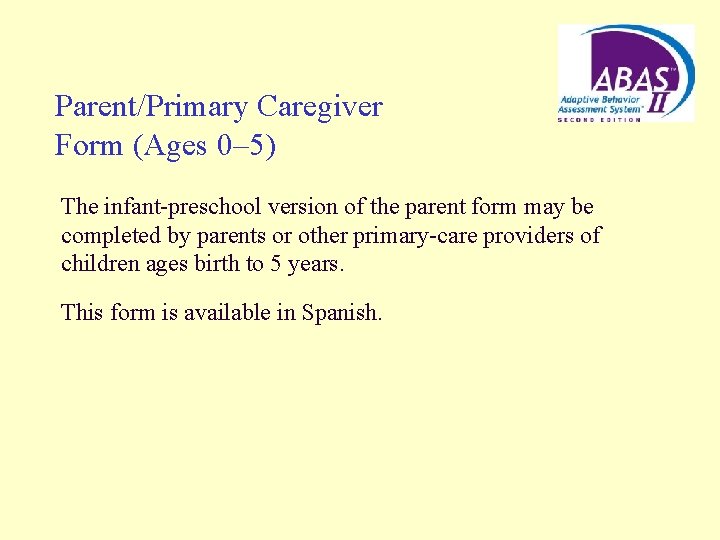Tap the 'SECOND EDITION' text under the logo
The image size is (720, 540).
click(599, 119)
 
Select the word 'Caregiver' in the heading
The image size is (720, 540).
click(320, 106)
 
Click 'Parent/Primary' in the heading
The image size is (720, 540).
click(152, 106)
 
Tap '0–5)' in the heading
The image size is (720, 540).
click(246, 146)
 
